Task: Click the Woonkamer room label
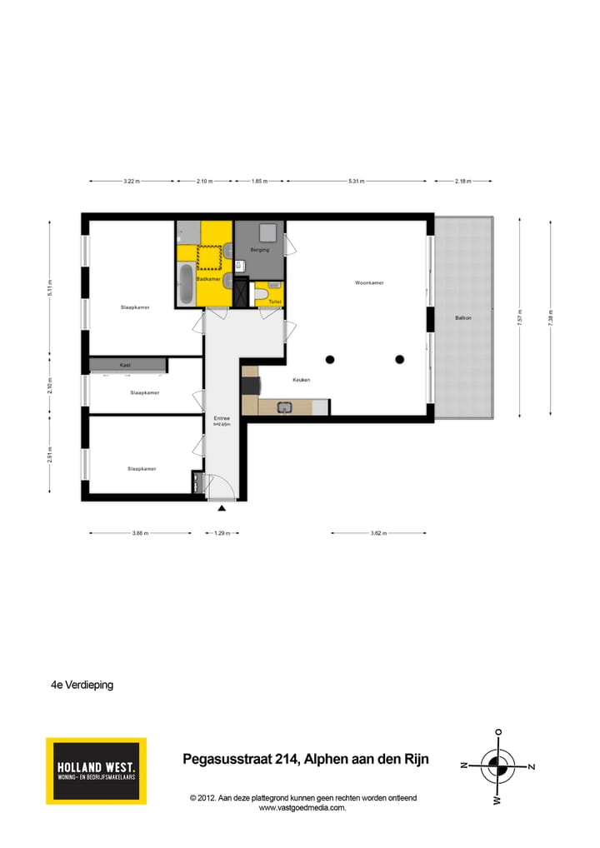click(369, 283)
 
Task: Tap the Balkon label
click(463, 317)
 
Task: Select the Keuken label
click(301, 380)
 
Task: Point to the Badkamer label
click(207, 279)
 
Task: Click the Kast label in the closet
click(125, 365)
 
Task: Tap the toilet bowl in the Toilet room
click(260, 294)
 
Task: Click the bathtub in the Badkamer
click(184, 284)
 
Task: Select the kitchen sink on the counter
click(285, 407)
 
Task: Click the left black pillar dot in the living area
click(330, 359)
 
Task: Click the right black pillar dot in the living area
click(400, 359)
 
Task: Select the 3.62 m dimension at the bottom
click(379, 533)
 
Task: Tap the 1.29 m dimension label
click(222, 533)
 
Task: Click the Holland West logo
click(96, 771)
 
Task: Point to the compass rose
click(497, 766)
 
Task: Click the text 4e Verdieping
click(82, 685)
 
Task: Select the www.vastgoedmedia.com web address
click(302, 807)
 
